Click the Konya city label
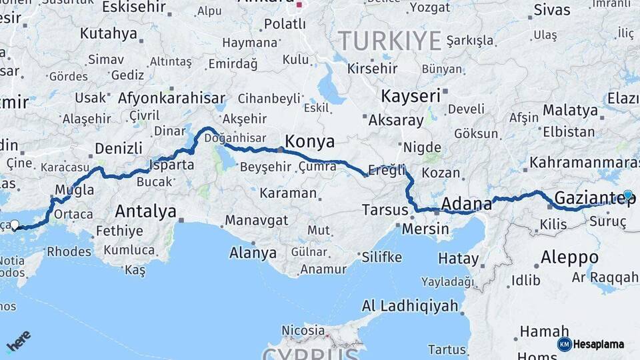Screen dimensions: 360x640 [x=309, y=141]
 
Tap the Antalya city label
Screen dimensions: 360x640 [x=145, y=211]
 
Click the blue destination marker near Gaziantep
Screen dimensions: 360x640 [x=627, y=195]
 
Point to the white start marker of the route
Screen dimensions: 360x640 [x=15, y=225]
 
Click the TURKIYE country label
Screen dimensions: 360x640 [x=390, y=41]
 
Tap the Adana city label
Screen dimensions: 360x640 [x=466, y=203]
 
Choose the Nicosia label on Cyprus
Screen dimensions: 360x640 [x=303, y=331]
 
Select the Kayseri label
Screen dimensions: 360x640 [x=411, y=96]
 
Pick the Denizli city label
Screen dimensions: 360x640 [x=119, y=148]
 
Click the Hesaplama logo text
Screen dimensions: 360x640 [x=598, y=345]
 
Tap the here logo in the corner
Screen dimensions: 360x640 [x=18, y=341]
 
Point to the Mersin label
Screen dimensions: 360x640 [x=426, y=229]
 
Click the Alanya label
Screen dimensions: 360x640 [x=253, y=253]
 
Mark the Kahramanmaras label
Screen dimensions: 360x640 [x=584, y=163]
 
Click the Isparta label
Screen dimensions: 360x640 [x=172, y=164]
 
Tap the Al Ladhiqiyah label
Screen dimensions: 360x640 [x=410, y=307]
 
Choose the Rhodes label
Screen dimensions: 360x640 [x=69, y=251]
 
